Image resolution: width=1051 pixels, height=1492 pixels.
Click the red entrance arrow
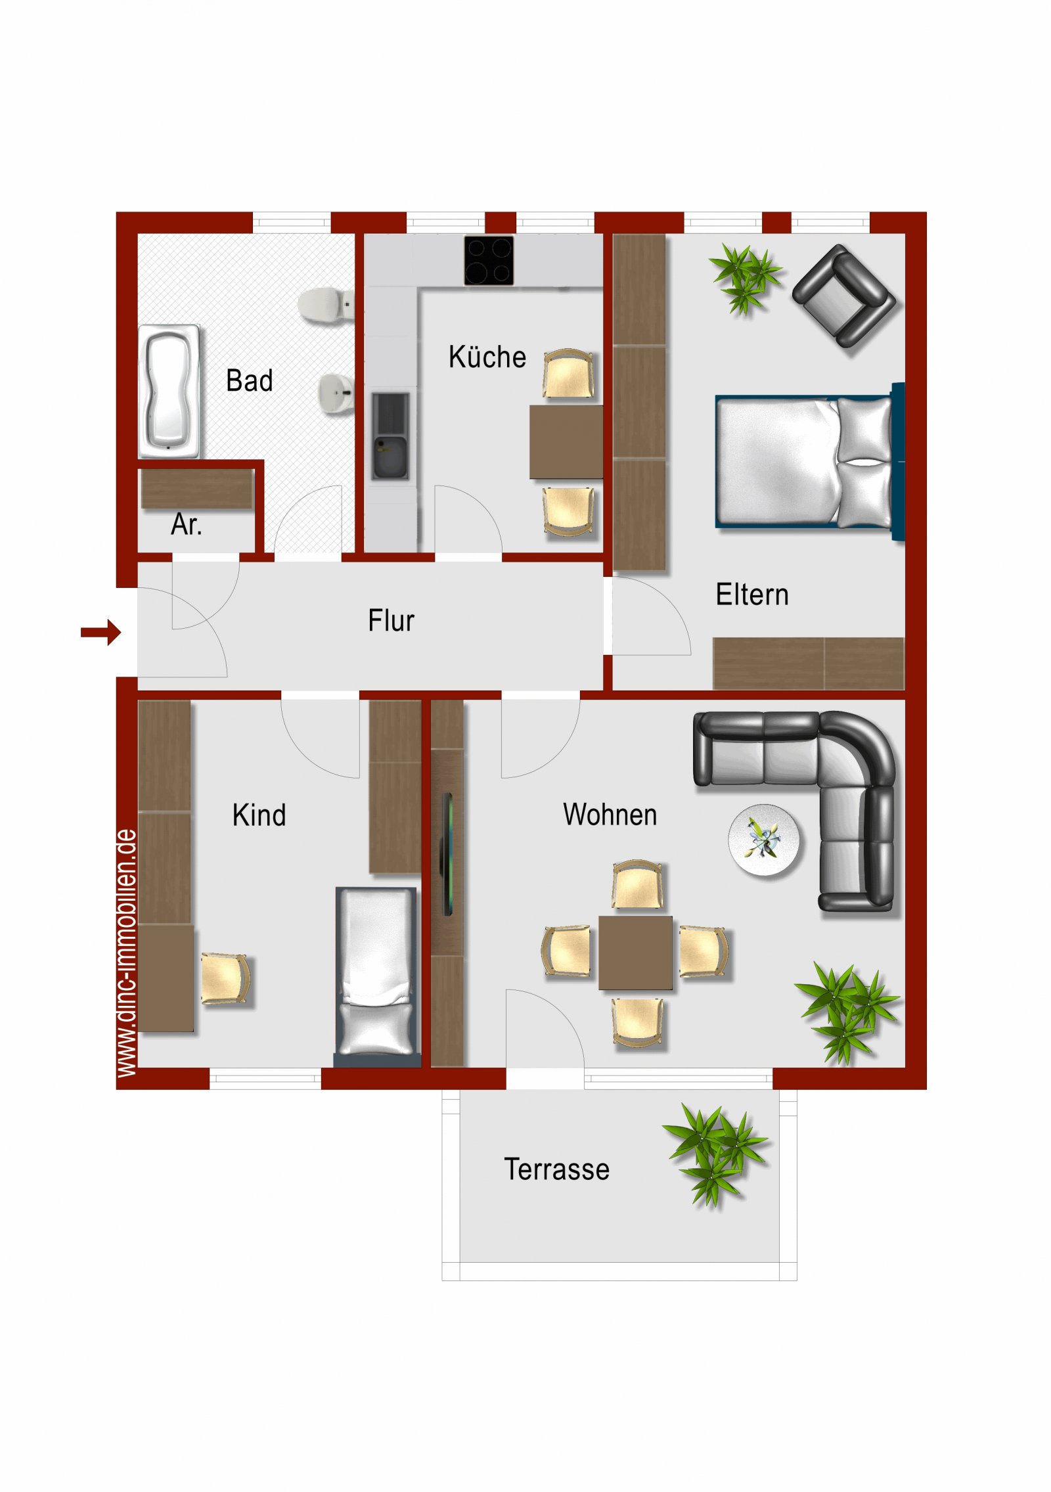101,632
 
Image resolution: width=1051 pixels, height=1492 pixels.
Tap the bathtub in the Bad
168,391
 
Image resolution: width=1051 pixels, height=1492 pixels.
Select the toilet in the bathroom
326,305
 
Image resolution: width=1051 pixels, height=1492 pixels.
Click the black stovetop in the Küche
489,260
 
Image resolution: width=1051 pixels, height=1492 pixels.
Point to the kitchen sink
390,436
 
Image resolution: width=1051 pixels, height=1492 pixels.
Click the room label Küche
487,357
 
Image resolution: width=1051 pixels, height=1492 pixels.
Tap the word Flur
391,621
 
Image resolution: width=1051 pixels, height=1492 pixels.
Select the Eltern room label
752,595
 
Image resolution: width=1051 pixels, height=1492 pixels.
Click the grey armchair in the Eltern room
843,296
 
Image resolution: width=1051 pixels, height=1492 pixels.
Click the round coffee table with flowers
764,840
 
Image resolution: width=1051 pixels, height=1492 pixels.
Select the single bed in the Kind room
377,976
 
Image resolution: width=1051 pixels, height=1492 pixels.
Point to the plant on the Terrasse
715,1156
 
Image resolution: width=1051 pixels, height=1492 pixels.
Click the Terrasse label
557,1169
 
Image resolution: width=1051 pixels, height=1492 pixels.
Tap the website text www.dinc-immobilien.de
127,953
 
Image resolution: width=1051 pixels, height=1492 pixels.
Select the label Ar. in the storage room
187,524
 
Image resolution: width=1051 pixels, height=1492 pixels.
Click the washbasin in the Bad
336,394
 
